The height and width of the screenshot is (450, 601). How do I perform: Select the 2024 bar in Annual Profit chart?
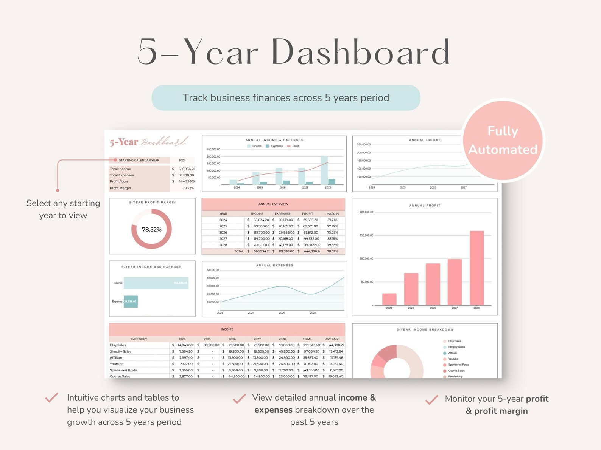[389, 299]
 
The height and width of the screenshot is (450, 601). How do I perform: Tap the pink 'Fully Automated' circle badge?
[503, 140]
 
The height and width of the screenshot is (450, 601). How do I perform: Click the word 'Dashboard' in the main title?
[360, 52]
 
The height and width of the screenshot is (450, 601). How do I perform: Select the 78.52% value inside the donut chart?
[151, 229]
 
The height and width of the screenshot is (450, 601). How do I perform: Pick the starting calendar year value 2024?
[182, 160]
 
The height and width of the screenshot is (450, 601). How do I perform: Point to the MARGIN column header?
[332, 214]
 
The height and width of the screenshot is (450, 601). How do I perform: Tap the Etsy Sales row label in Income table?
[118, 345]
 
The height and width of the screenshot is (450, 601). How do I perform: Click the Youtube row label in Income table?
[117, 364]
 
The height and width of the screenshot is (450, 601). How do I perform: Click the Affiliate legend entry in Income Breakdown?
[453, 353]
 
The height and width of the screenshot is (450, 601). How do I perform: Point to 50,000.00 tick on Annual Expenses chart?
[213, 270]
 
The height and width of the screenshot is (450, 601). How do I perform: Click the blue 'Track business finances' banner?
[286, 98]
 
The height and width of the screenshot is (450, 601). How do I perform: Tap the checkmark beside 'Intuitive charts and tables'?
[52, 397]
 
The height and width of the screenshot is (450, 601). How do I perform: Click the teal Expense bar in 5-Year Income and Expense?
[131, 302]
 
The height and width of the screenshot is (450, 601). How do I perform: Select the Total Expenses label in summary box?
[122, 175]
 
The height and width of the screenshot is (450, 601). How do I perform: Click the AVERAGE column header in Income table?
[332, 339]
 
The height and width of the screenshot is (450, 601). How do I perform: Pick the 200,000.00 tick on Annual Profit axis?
[366, 212]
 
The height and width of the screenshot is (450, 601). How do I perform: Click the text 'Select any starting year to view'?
[63, 209]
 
